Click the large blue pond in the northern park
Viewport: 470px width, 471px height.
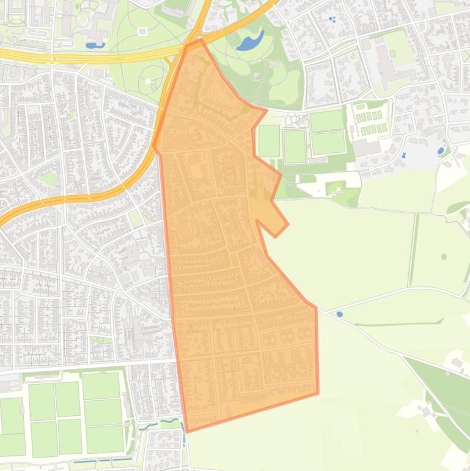tap(250, 42)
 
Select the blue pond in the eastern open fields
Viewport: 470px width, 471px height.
tap(339, 314)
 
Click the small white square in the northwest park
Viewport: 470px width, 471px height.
tap(142, 31)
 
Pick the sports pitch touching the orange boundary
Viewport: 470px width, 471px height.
tap(268, 141)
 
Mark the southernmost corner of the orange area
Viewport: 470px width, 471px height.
tap(186, 431)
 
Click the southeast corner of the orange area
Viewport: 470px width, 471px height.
tap(318, 393)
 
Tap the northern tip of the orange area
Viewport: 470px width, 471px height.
tap(200, 40)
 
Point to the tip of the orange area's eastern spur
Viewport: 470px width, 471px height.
tap(287, 224)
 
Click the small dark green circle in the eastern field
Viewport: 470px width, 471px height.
tap(444, 256)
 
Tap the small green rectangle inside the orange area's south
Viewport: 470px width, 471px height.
tap(247, 360)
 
